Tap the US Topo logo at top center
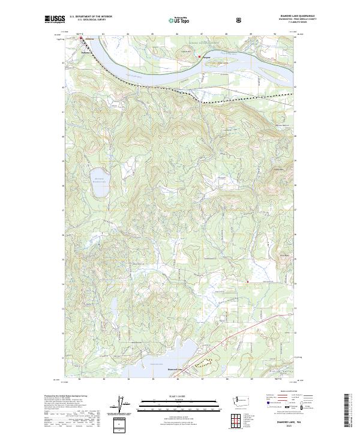(181, 20)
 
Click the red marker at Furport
(199, 57)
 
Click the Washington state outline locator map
(241, 400)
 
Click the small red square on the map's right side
(247, 280)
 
